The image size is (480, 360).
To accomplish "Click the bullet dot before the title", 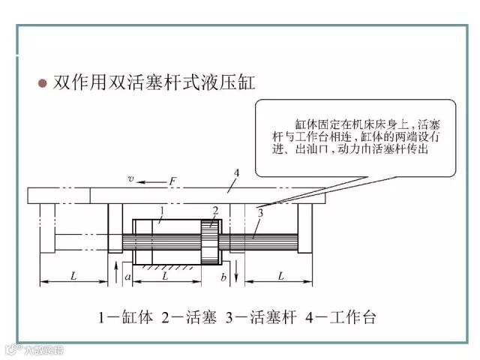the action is click(x=43, y=82).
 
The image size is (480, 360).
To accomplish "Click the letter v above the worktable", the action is click(x=130, y=179).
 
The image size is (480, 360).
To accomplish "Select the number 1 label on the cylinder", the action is click(x=160, y=211).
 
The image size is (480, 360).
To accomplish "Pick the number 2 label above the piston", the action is click(x=215, y=211).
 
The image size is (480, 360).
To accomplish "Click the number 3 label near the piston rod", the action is click(x=259, y=214).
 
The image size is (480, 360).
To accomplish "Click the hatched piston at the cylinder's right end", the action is click(x=209, y=241).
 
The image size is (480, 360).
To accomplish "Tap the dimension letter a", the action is click(x=128, y=277).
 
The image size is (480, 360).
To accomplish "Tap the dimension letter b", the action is click(x=223, y=277).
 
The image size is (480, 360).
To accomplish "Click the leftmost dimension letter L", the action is click(x=73, y=276).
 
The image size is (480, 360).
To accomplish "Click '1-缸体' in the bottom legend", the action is click(x=125, y=317).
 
